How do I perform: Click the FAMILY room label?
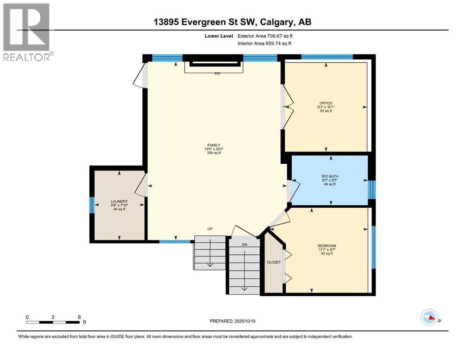[214, 145]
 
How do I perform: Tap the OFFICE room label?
[326, 103]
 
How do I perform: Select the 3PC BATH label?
[330, 176]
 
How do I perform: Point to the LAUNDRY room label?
[119, 201]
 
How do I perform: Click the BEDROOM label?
[327, 246]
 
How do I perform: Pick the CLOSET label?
[273, 262]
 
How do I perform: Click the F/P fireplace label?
[218, 74]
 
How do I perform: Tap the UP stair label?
[210, 229]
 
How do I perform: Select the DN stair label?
[244, 245]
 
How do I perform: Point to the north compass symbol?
[430, 317]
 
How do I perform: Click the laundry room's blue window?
[92, 205]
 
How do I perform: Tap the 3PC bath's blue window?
[372, 190]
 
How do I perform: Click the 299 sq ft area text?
[214, 153]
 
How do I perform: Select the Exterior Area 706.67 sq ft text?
[265, 36]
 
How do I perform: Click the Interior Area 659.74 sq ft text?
[264, 43]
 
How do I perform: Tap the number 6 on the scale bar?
[79, 317]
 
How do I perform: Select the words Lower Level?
[219, 36]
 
